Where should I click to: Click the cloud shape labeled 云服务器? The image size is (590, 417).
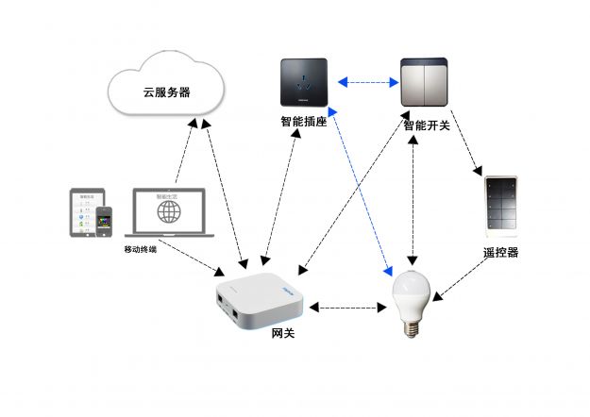pos(166,91)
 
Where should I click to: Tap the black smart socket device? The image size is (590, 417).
pos(303,82)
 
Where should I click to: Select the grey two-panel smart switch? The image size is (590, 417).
pos(425,81)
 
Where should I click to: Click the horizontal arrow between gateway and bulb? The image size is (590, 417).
pos(348,307)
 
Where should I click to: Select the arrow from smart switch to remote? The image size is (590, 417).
pos(465,142)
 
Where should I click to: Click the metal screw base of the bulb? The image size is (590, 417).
pos(412,327)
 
